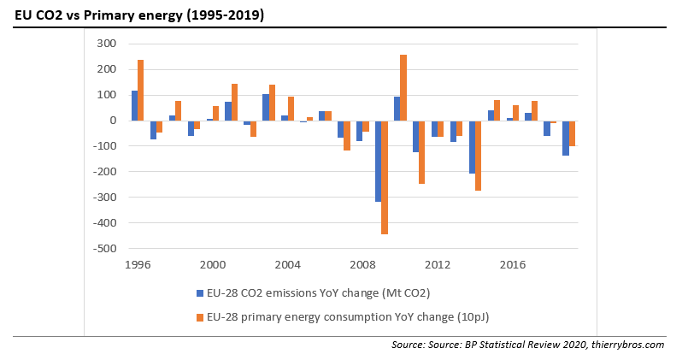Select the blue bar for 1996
tap(134, 105)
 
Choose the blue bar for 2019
tap(565, 138)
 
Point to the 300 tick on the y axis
tap(107, 44)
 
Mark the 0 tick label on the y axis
tap(111, 121)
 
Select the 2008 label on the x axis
tap(362, 264)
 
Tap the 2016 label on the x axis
tap(513, 264)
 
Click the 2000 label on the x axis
tap(213, 264)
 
